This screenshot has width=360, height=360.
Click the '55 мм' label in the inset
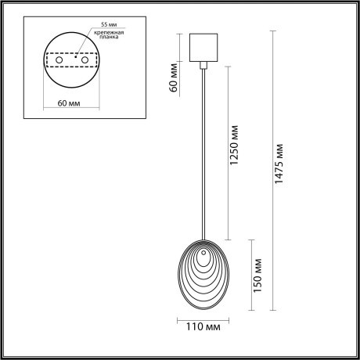point(98,26)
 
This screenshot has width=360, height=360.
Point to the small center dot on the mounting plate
point(75,56)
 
